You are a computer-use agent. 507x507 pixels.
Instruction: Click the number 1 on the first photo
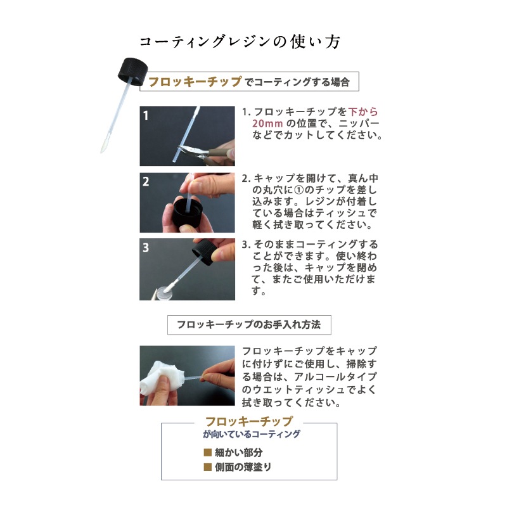tap(146, 116)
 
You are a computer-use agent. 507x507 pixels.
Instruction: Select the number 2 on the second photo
tap(146, 182)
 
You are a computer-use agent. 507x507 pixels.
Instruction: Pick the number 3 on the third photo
tap(146, 248)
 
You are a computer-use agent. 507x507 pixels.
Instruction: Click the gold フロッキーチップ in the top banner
tap(195, 82)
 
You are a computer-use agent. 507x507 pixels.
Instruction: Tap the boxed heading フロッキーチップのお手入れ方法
tap(248, 324)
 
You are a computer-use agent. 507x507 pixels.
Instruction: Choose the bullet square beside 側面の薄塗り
tap(207, 467)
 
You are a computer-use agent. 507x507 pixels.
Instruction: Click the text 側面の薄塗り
tap(243, 467)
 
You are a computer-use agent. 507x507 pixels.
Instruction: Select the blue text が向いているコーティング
tap(251, 435)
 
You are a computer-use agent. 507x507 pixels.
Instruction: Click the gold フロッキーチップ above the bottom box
tap(249, 421)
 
